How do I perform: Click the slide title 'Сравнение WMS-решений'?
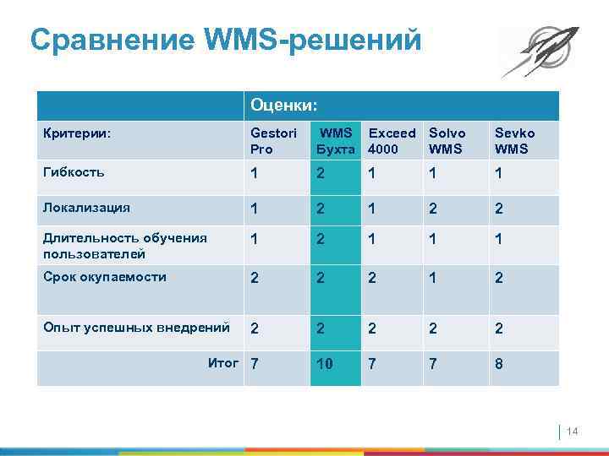pyautogui.click(x=224, y=40)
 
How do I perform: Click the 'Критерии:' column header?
pyautogui.click(x=77, y=133)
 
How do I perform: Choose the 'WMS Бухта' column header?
pyautogui.click(x=335, y=141)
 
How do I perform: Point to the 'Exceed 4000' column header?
pyautogui.click(x=392, y=141)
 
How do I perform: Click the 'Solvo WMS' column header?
pyautogui.click(x=447, y=141)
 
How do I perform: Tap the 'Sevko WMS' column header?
pyautogui.click(x=514, y=141)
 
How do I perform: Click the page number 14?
pyautogui.click(x=571, y=432)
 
